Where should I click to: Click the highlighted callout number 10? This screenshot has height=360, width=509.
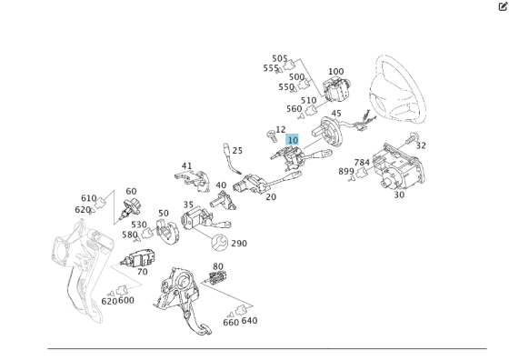[293, 140]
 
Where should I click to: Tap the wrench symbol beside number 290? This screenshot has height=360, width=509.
[219, 243]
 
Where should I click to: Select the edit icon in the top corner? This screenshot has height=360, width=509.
[503, 6]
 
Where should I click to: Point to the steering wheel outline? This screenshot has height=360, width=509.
[398, 89]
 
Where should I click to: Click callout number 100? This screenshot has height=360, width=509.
[335, 72]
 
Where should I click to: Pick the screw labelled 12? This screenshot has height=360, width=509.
[271, 136]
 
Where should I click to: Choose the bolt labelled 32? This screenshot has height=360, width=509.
[411, 138]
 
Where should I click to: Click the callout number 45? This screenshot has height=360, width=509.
[336, 114]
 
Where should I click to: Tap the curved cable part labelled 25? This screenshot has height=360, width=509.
[232, 159]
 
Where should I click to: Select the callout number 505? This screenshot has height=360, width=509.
[280, 58]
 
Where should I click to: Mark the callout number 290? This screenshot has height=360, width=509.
[239, 243]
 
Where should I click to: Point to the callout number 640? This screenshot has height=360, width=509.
[249, 320]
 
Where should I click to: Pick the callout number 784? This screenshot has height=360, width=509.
[362, 163]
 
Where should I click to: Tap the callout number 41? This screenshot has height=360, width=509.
[186, 165]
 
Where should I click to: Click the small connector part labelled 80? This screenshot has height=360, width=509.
[216, 278]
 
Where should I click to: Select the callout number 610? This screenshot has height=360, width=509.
[89, 198]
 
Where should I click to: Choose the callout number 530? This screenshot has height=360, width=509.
[139, 225]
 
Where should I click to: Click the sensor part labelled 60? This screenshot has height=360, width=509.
[130, 208]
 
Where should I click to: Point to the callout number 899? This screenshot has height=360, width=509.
[346, 171]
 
